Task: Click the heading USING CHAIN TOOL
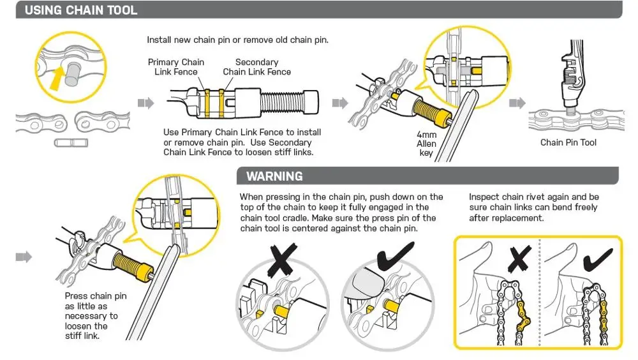(80, 10)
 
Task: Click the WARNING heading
(274, 176)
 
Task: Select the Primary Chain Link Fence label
(176, 66)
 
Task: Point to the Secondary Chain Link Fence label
(256, 66)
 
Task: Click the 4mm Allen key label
(426, 144)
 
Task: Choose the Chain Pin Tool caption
(568, 142)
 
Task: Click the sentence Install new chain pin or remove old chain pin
(237, 40)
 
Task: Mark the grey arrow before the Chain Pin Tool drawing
(517, 103)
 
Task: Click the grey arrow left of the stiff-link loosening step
(23, 257)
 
